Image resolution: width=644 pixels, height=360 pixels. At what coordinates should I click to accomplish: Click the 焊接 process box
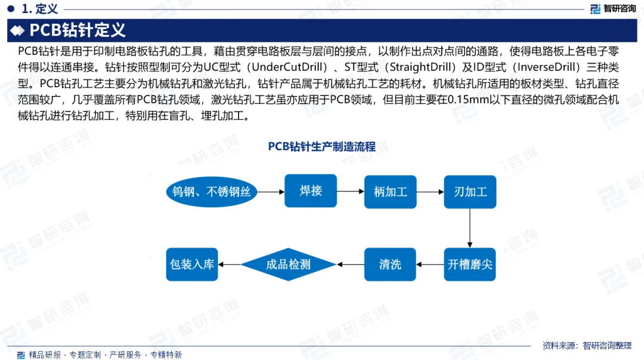coord(311,191)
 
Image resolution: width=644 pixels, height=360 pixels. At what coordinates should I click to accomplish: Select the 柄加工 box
coord(391,191)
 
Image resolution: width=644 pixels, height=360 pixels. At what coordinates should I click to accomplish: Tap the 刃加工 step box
coord(470,191)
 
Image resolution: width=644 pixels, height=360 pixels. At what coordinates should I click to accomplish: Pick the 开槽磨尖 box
coord(470,264)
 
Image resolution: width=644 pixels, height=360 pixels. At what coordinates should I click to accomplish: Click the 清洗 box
coord(391,264)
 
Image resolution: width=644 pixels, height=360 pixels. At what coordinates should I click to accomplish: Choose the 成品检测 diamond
coord(288,264)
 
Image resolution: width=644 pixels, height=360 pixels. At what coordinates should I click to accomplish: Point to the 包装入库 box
coord(192,264)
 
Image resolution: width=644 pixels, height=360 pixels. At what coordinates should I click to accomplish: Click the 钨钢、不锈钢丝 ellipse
coord(211,191)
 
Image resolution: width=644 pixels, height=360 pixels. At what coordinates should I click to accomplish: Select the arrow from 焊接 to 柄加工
coord(351,191)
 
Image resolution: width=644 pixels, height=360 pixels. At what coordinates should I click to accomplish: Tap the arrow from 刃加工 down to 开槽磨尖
coord(470,228)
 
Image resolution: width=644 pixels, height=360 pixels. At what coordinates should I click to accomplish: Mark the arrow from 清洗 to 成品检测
coord(351,264)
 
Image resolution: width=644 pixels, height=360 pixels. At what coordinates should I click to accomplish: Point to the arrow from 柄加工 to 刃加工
coord(431,191)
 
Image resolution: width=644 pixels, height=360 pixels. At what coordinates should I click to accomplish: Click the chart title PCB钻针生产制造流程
coord(321,147)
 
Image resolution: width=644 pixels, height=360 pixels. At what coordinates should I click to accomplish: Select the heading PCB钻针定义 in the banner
coord(78,30)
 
